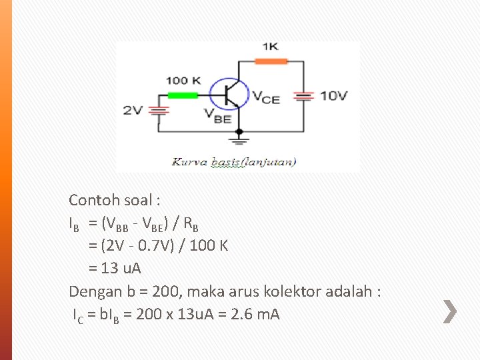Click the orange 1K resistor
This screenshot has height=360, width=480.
(272, 61)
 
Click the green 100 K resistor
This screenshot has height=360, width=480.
(183, 95)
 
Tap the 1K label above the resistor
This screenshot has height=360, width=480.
(271, 47)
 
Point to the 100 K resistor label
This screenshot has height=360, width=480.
(183, 81)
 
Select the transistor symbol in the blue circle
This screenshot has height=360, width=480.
(230, 94)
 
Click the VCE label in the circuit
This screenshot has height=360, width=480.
(265, 97)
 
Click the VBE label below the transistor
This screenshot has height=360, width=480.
(218, 117)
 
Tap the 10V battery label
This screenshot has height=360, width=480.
(333, 95)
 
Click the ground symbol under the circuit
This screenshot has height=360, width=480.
(239, 141)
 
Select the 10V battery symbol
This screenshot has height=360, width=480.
(303, 96)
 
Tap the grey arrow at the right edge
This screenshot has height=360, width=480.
(451, 311)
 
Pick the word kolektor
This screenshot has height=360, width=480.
(321, 291)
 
